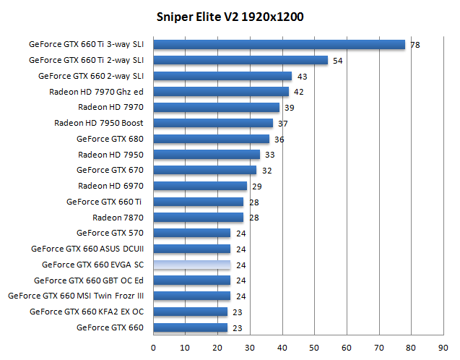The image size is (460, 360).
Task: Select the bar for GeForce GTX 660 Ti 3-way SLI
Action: point(279,44)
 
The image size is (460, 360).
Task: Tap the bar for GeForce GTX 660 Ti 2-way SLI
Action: point(240,60)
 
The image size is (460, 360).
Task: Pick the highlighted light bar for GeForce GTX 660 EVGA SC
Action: point(191,265)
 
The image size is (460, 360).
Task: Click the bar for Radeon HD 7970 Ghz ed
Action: point(221,92)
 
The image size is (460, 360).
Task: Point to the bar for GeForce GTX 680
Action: point(211,139)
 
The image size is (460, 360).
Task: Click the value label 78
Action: point(415,45)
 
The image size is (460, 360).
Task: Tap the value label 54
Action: point(337,61)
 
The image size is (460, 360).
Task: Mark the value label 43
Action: point(302,77)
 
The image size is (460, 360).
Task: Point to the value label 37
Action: point(283,124)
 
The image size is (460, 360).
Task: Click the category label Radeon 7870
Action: point(118,218)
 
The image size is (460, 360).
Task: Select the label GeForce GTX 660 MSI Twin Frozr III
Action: point(76,296)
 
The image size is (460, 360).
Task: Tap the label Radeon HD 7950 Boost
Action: point(99,123)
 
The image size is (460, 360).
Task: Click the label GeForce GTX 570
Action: point(110,233)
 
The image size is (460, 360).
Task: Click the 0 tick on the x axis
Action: point(153,348)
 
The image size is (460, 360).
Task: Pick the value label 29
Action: point(257,187)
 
